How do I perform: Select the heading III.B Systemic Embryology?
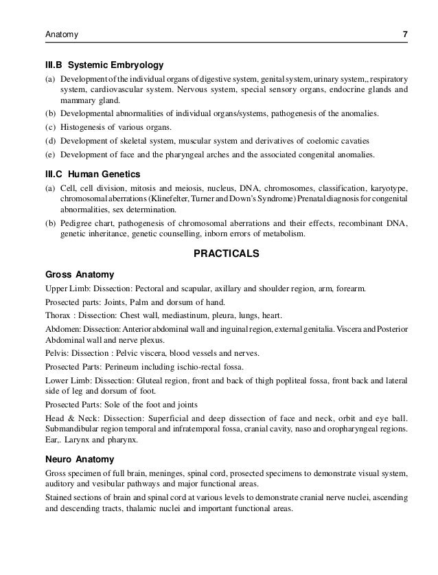[104, 66]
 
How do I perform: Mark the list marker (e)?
[49, 155]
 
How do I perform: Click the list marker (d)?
[49, 142]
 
